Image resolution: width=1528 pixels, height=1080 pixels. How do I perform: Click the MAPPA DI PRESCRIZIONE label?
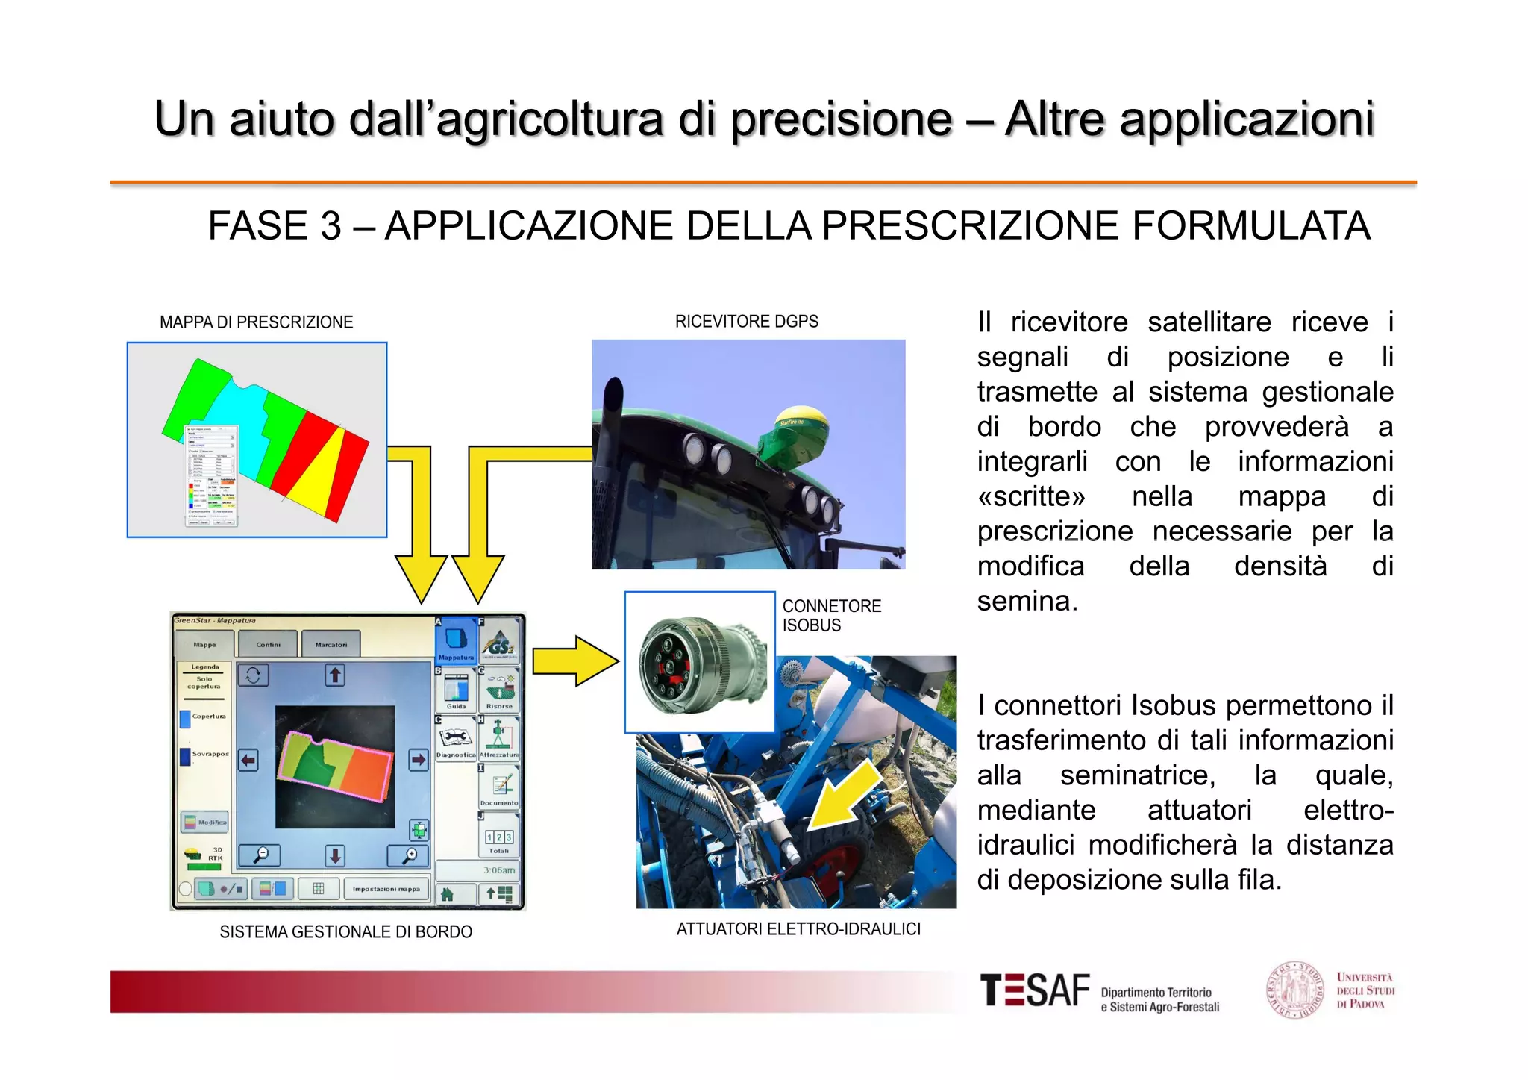tap(256, 322)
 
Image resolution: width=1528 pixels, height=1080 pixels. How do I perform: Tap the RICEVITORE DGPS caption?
tap(746, 322)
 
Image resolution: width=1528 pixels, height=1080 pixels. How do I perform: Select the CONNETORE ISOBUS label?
tap(831, 616)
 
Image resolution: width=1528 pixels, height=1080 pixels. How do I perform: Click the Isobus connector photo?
tap(699, 662)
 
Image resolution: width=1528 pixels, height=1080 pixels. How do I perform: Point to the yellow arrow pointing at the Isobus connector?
tap(575, 661)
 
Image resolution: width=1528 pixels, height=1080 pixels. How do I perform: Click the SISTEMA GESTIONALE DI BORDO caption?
tap(345, 931)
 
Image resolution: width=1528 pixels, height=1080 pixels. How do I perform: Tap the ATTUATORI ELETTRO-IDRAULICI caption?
tap(798, 929)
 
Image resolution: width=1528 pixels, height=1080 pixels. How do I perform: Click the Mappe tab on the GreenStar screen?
tap(204, 644)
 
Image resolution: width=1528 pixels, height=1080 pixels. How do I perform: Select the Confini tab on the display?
tap(269, 644)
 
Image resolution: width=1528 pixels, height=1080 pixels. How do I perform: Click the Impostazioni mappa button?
tap(386, 889)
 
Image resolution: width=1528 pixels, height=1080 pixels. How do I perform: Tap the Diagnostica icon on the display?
tap(456, 740)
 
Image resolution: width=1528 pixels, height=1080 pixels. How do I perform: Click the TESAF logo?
tap(1035, 991)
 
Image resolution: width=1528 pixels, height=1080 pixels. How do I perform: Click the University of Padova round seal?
tap(1294, 990)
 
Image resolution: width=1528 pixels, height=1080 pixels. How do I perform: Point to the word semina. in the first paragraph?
tap(1027, 601)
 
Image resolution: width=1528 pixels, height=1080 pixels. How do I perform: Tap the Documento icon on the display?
tap(499, 787)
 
